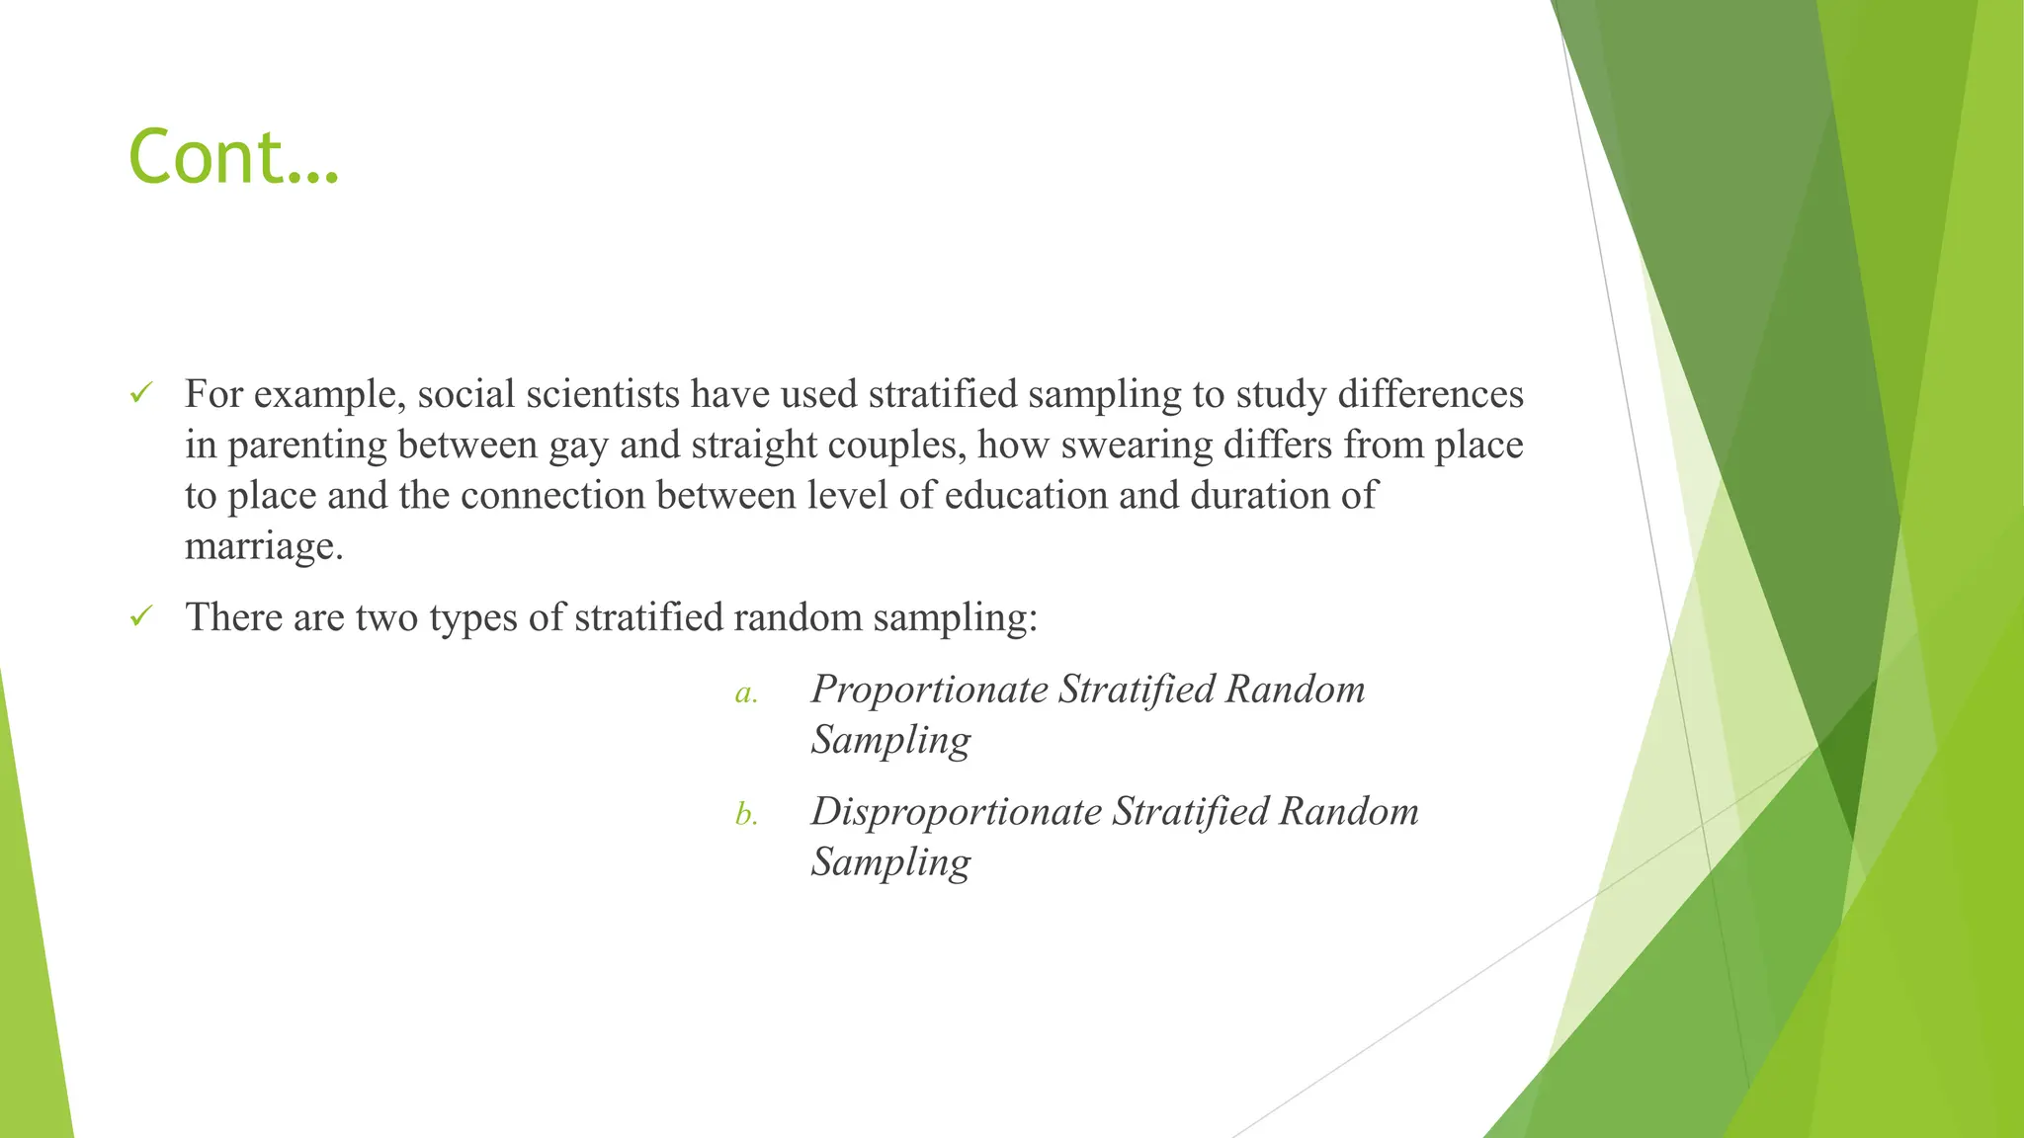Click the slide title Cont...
pyautogui.click(x=233, y=158)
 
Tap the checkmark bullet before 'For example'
pyautogui.click(x=140, y=394)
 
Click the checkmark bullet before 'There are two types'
pyautogui.click(x=140, y=617)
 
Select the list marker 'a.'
pyautogui.click(x=746, y=693)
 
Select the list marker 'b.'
pyautogui.click(x=746, y=815)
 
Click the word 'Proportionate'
pyautogui.click(x=929, y=690)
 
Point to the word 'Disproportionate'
pyautogui.click(x=956, y=812)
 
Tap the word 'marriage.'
pyautogui.click(x=264, y=545)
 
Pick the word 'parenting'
pyautogui.click(x=306, y=446)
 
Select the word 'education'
pyautogui.click(x=1026, y=495)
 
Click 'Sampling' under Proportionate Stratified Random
pyautogui.click(x=890, y=740)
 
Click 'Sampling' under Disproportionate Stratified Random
pyautogui.click(x=890, y=862)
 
